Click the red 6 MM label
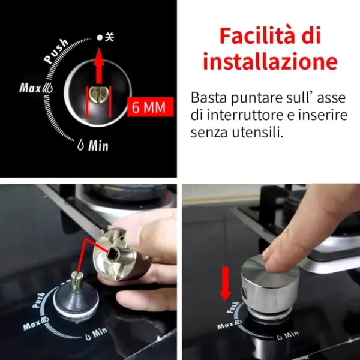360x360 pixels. [x=150, y=107]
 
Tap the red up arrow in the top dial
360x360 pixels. [x=99, y=66]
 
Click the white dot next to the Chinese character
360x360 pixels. [x=100, y=37]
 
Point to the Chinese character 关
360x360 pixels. [x=110, y=37]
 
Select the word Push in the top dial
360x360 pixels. [x=56, y=51]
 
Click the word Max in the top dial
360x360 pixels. [x=30, y=88]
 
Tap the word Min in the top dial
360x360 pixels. [x=98, y=146]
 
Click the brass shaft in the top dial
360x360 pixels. [x=99, y=95]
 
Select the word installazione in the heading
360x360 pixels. [x=270, y=61]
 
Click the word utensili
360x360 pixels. [x=257, y=133]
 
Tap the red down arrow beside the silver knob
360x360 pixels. [x=225, y=283]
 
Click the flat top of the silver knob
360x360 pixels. [x=269, y=266]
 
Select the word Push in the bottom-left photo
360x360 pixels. [x=39, y=299]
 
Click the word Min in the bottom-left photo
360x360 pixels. [x=100, y=332]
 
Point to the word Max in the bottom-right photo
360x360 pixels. [x=225, y=326]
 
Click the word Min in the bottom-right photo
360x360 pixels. [x=292, y=335]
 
